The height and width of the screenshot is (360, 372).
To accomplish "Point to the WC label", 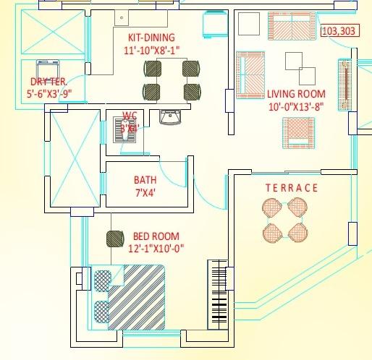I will coord(130,115).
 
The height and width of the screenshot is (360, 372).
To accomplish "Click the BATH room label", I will coord(145,180).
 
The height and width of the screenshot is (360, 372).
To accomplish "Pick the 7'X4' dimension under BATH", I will coord(145,193).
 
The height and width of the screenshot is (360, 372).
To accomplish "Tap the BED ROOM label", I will coord(156,236).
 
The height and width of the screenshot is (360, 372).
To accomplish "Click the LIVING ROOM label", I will coord(296,94).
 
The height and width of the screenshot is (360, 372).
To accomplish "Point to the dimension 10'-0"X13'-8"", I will coord(296,106).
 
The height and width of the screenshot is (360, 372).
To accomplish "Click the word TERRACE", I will coord(291,188).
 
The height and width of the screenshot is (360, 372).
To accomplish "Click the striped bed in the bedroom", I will coord(138,296).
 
